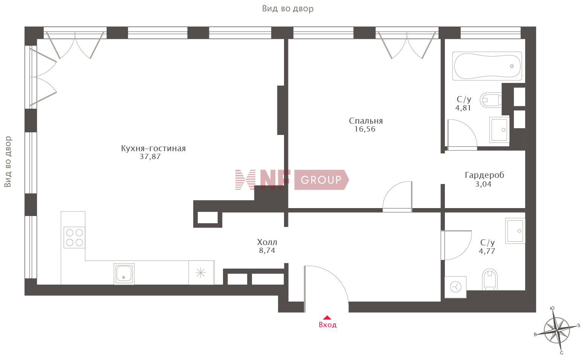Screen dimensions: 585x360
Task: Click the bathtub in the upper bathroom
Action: pyautogui.click(x=487, y=66)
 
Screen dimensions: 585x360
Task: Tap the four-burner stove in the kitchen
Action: pyautogui.click(x=75, y=237)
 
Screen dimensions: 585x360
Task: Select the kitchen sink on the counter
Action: pyautogui.click(x=124, y=274)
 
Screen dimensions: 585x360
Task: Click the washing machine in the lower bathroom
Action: pyautogui.click(x=455, y=287)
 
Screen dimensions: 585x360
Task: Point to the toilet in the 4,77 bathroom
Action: pyautogui.click(x=490, y=279)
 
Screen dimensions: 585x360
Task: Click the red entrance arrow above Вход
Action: pyautogui.click(x=327, y=318)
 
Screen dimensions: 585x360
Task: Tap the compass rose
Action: pyautogui.click(x=558, y=331)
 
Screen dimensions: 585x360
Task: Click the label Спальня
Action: pyautogui.click(x=366, y=121)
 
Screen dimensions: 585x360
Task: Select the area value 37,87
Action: pyautogui.click(x=150, y=156)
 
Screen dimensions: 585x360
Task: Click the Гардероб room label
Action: pyautogui.click(x=484, y=175)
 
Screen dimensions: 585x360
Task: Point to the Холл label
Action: pyautogui.click(x=267, y=242)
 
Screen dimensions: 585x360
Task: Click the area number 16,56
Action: pyautogui.click(x=365, y=129)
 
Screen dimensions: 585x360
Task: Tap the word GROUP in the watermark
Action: pyautogui.click(x=321, y=180)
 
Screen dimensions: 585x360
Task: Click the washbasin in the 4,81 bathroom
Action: pyautogui.click(x=499, y=130)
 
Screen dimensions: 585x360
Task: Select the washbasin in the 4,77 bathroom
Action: pyautogui.click(x=515, y=231)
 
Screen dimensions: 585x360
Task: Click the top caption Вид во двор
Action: pyautogui.click(x=287, y=9)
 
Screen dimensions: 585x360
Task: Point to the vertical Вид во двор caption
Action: pyautogui.click(x=8, y=162)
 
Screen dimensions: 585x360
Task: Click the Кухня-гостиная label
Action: pyautogui.click(x=153, y=148)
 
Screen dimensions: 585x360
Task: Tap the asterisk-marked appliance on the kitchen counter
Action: pyautogui.click(x=201, y=273)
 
